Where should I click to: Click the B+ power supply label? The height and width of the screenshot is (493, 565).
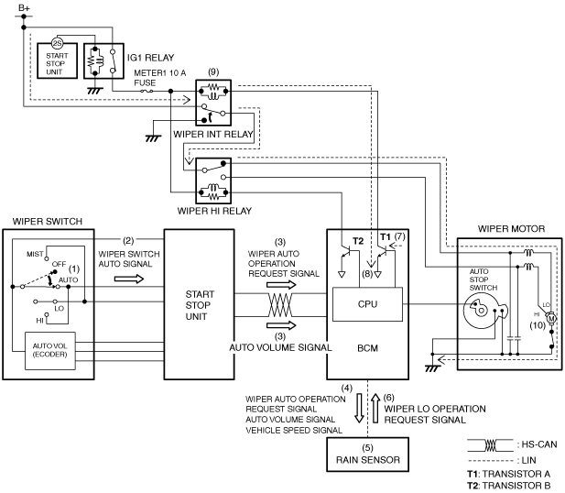(x=24, y=7)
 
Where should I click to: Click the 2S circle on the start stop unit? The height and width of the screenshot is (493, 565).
(x=57, y=43)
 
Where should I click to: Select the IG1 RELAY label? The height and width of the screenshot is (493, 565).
(x=150, y=58)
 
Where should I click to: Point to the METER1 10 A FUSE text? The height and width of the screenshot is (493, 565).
(x=160, y=78)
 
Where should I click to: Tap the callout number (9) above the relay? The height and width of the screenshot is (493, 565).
(x=213, y=71)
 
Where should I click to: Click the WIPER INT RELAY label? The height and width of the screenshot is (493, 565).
(x=213, y=134)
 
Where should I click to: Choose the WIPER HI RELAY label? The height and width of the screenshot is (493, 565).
(x=214, y=211)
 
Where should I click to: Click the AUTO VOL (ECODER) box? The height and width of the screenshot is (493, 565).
(x=50, y=351)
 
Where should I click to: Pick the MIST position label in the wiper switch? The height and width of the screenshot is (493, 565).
(x=35, y=254)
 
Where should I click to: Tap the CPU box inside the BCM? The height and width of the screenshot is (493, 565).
(x=367, y=304)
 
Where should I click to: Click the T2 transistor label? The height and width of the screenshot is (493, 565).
(x=358, y=241)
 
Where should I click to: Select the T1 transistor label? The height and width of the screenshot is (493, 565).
(x=386, y=237)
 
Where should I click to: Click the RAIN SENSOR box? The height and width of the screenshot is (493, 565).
(x=367, y=455)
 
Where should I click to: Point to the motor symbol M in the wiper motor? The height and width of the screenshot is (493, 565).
(x=551, y=319)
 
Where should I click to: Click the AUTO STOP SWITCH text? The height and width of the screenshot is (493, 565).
(x=483, y=279)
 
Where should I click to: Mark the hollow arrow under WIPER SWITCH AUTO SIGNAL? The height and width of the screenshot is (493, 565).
(x=129, y=279)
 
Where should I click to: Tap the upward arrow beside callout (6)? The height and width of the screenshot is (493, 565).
(x=375, y=408)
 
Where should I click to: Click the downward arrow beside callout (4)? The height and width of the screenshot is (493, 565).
(x=359, y=408)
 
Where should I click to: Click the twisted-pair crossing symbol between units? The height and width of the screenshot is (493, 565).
(x=280, y=305)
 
